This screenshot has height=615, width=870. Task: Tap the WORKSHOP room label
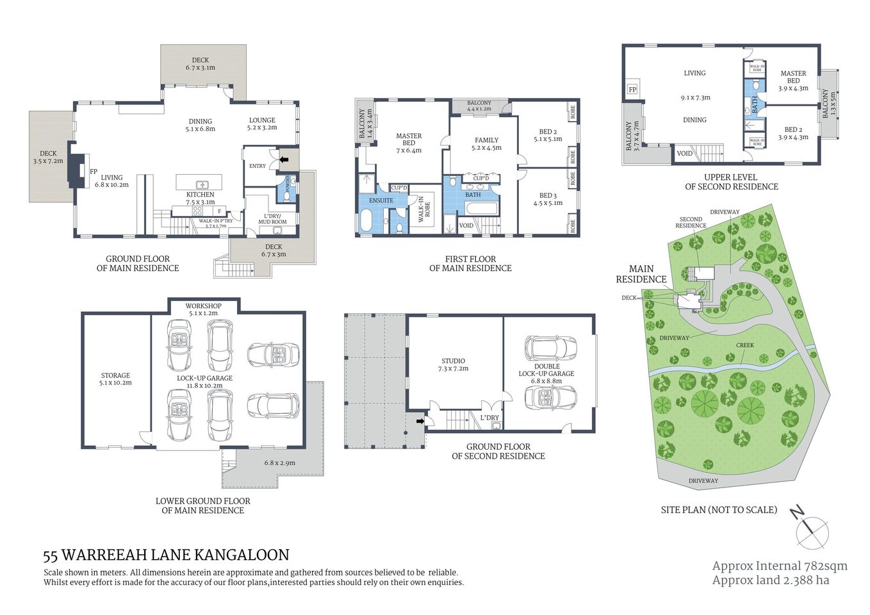coord(203,306)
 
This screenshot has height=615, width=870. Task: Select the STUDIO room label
coord(453,361)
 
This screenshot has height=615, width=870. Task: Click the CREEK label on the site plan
coord(744,345)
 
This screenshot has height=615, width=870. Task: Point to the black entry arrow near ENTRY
coord(284,159)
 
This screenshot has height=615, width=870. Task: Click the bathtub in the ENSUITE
coord(365,221)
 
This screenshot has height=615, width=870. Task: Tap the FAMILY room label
coord(486,140)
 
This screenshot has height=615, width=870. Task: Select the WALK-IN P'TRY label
coord(215,222)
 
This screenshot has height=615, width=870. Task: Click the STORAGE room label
coord(115,376)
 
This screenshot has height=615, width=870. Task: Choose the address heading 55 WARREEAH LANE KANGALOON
coord(166,555)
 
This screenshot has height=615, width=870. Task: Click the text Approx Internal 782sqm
coord(779,566)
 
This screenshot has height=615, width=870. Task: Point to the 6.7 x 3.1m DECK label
coord(201,64)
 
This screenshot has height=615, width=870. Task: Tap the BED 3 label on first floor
coord(547,196)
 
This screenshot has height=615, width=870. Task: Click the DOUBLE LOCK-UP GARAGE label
coord(546,370)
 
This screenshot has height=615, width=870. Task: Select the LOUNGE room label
coord(262,120)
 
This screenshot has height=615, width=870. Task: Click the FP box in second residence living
coord(632,90)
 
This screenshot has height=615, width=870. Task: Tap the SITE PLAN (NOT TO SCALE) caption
coord(719,510)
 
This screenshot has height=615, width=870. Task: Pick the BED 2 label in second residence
coord(793,129)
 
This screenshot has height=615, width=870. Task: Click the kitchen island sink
coord(200,183)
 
